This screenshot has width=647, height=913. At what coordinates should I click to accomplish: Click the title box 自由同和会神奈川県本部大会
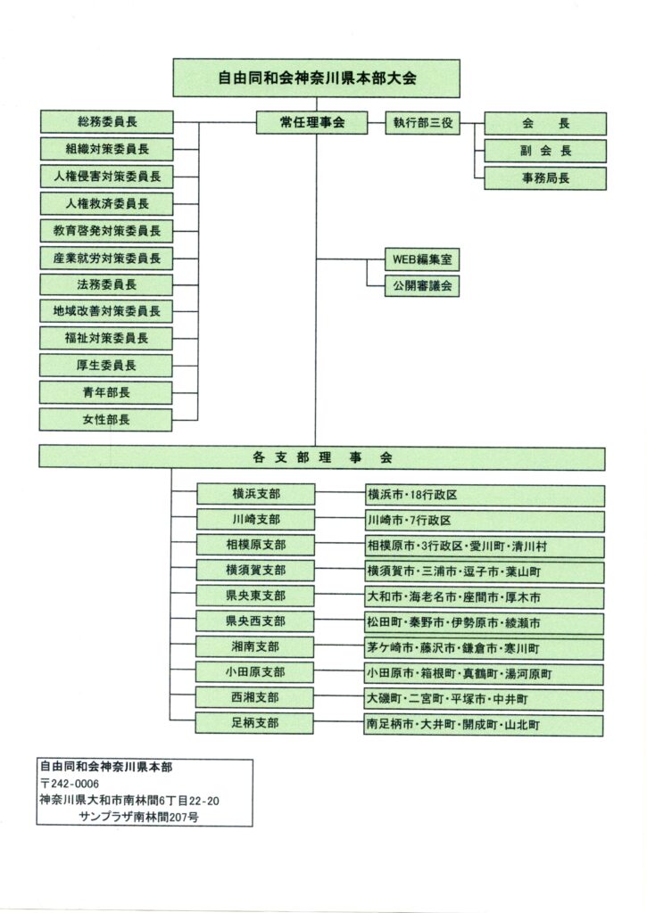[x=316, y=78]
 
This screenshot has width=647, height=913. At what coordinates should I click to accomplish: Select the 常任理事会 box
[x=311, y=123]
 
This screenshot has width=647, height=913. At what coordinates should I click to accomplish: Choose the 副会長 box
[x=544, y=151]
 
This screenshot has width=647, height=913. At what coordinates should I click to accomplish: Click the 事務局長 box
[x=544, y=178]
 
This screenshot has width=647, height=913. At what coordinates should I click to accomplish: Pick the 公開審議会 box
[x=421, y=285]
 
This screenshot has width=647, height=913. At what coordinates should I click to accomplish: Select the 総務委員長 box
[x=106, y=122]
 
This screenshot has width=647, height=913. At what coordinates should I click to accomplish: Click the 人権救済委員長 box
[x=106, y=203]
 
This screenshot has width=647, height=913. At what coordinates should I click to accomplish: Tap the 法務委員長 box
[x=106, y=284]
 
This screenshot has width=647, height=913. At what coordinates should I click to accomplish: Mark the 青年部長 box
[x=106, y=392]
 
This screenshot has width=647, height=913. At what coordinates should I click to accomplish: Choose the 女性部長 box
[x=106, y=419]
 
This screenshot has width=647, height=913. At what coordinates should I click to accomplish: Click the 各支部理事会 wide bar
[x=322, y=457]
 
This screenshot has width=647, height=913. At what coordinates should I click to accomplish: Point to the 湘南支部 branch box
[x=254, y=647]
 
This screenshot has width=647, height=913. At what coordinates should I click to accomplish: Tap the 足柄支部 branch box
[x=254, y=723]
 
